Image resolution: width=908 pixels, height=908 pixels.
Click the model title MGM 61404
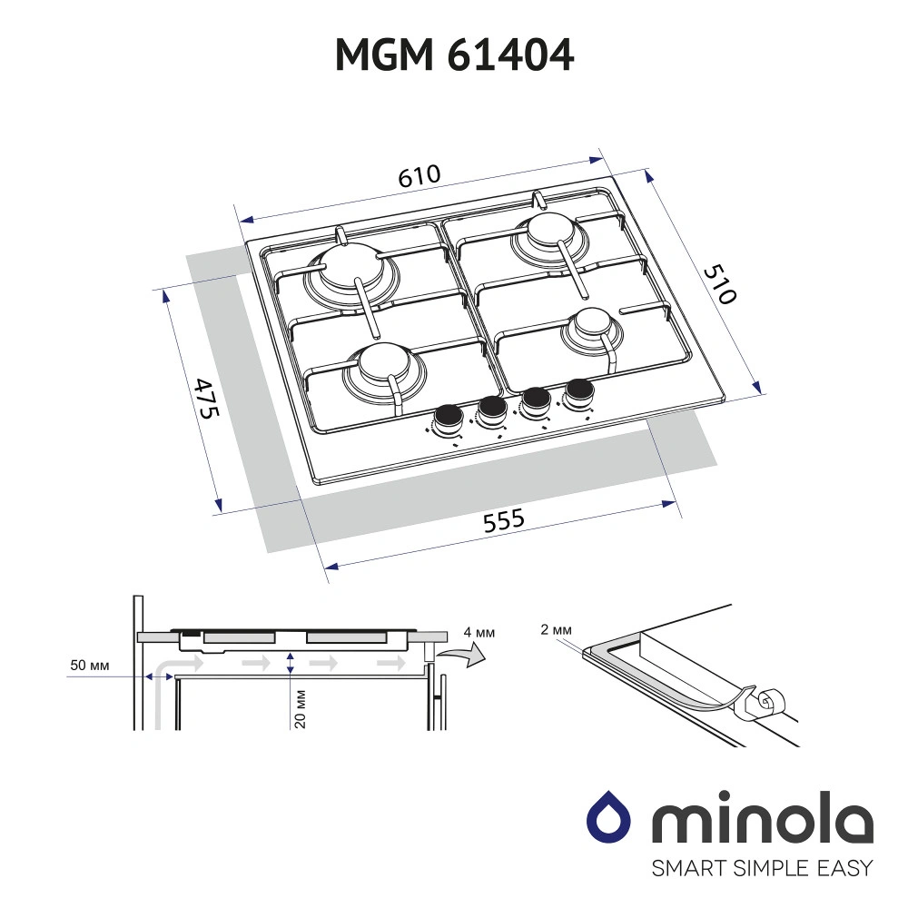(x=454, y=56)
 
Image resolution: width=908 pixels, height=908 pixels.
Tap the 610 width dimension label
(x=419, y=176)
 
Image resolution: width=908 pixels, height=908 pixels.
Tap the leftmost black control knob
(x=448, y=419)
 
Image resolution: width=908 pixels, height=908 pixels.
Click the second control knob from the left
(x=491, y=409)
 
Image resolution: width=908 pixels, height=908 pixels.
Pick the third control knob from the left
(x=535, y=400)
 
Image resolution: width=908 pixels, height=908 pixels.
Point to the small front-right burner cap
(x=591, y=321)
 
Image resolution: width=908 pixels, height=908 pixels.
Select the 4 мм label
(x=479, y=632)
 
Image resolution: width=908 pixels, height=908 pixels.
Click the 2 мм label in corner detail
(x=555, y=629)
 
